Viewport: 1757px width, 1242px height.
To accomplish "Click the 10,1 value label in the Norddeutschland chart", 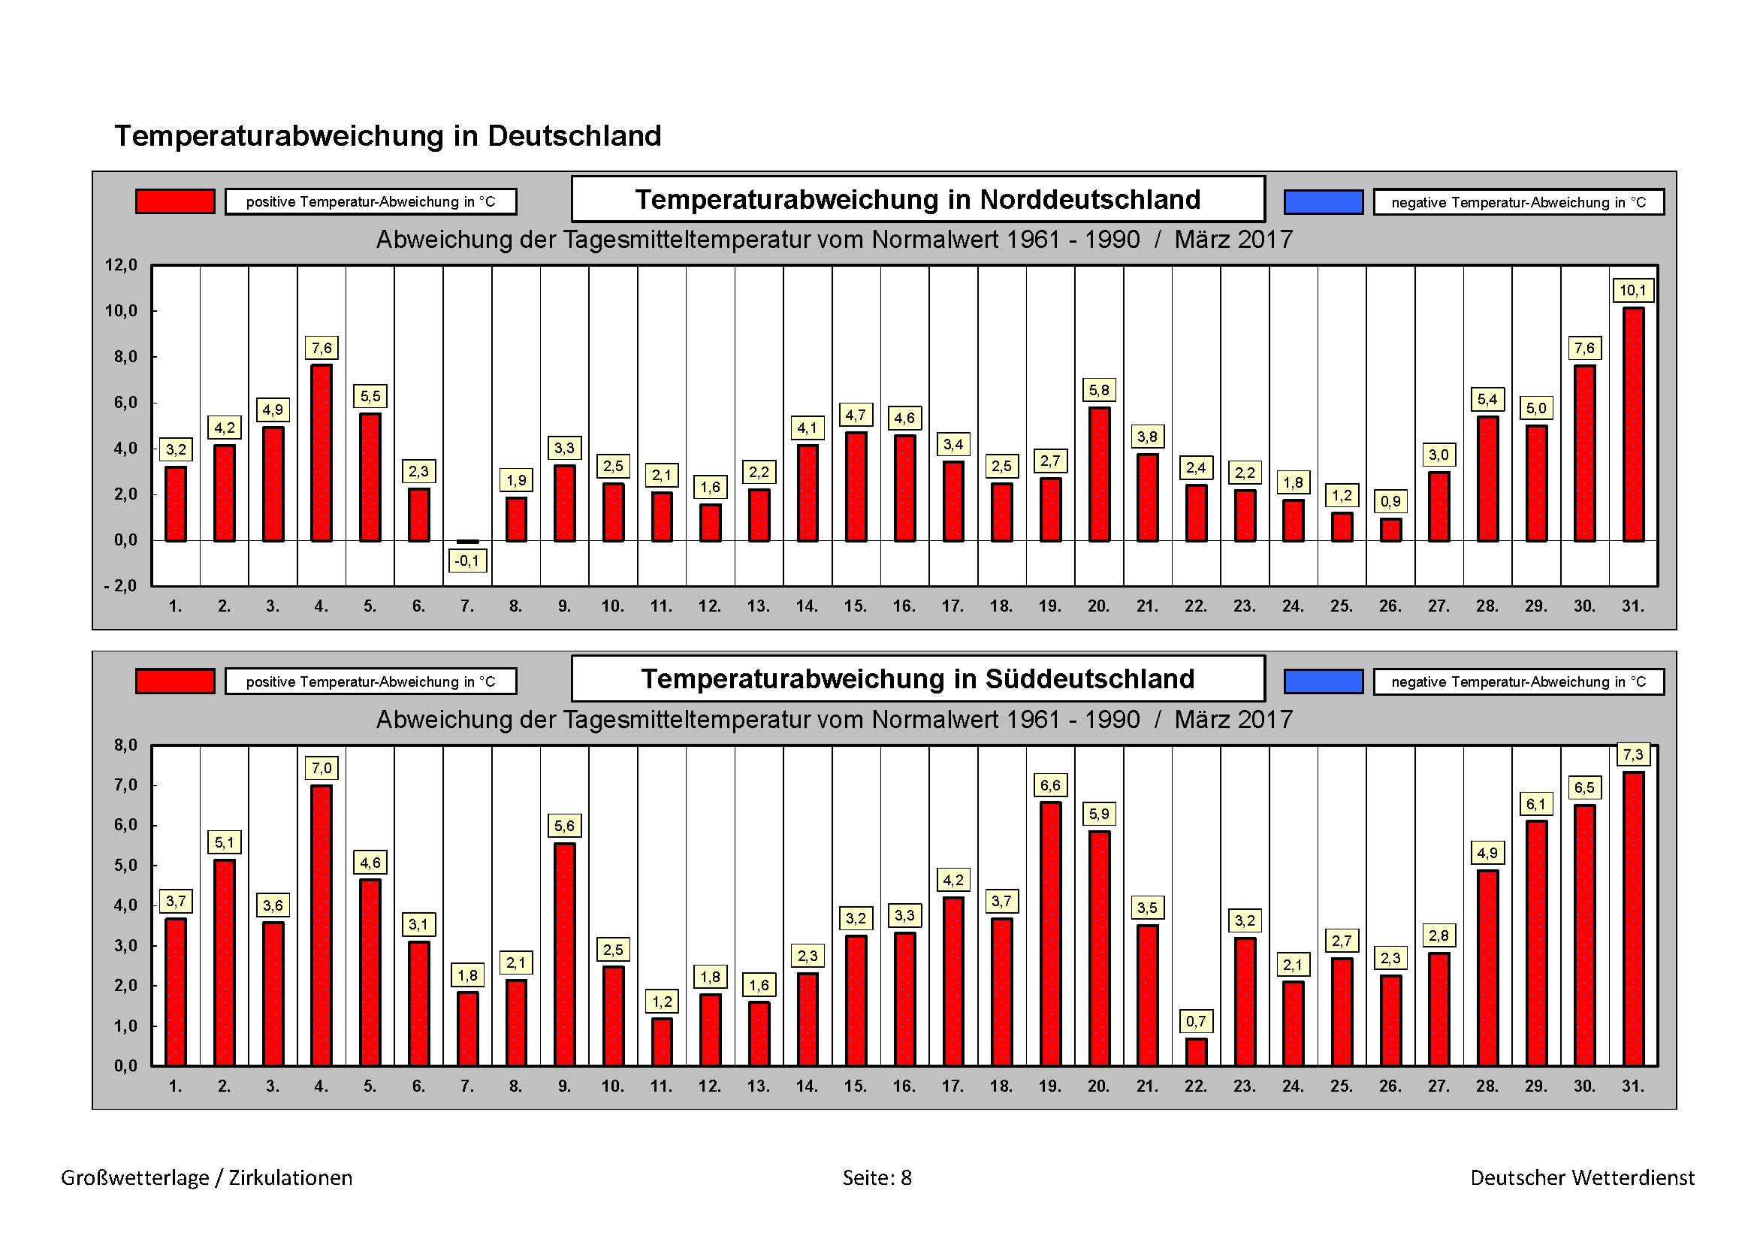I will tap(1632, 291).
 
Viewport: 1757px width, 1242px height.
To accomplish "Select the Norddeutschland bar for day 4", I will tap(322, 453).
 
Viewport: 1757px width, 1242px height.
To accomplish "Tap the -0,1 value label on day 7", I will tap(466, 561).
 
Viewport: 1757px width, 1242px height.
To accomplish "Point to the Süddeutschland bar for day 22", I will tap(1196, 1052).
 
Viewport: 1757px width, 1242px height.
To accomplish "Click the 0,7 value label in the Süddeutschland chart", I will tap(1196, 1021).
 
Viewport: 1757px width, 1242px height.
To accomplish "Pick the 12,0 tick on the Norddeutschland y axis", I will tap(121, 265).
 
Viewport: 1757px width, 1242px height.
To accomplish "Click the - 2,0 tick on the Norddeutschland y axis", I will tap(120, 586).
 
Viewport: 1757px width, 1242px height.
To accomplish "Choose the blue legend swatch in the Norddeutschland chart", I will tap(1323, 202).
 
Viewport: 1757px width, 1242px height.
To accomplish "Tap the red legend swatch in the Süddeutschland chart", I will tap(175, 681).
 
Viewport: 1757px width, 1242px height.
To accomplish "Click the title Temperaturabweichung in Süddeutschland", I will tap(917, 678).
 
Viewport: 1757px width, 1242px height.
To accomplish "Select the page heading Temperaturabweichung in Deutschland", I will tap(388, 136).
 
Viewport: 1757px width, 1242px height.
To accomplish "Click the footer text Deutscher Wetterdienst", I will tap(1583, 1177).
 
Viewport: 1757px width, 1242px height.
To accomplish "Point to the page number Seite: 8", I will tap(877, 1177).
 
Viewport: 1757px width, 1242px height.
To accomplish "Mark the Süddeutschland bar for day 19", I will tap(1050, 934).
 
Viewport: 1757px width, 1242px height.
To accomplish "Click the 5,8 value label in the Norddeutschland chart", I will tap(1099, 390).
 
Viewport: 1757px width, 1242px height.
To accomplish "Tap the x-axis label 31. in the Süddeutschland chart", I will tap(1632, 1086).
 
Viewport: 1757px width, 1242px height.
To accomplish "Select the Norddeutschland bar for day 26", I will tap(1390, 530).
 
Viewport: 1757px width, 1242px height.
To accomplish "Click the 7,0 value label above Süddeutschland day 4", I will tap(322, 769).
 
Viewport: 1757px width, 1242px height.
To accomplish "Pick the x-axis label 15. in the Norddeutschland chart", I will tap(856, 606).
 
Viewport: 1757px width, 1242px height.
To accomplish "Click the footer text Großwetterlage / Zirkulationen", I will tap(207, 1177).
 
